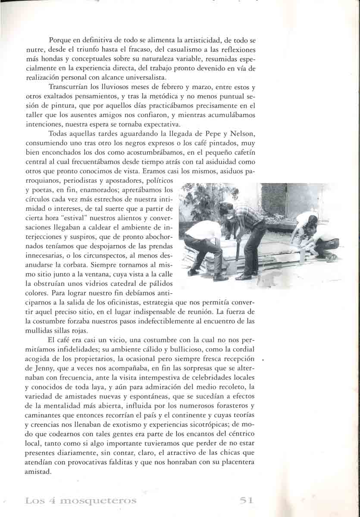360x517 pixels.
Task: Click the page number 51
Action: [246, 500]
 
